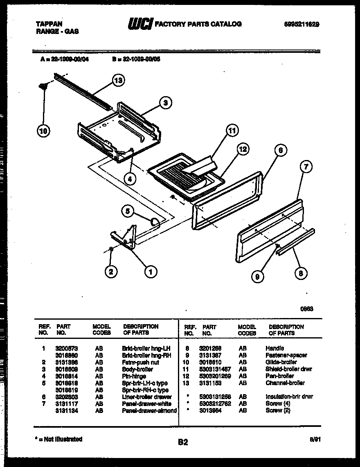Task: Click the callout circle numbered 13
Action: tap(118, 81)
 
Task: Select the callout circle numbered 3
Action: tap(165, 103)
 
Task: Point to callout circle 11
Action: tap(232, 131)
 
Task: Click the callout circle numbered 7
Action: tap(306, 167)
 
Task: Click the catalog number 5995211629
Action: tap(301, 24)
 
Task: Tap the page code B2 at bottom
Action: tap(183, 442)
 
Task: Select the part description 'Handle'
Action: tap(274, 348)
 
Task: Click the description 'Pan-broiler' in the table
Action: tap(279, 376)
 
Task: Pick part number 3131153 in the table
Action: tap(211, 383)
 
